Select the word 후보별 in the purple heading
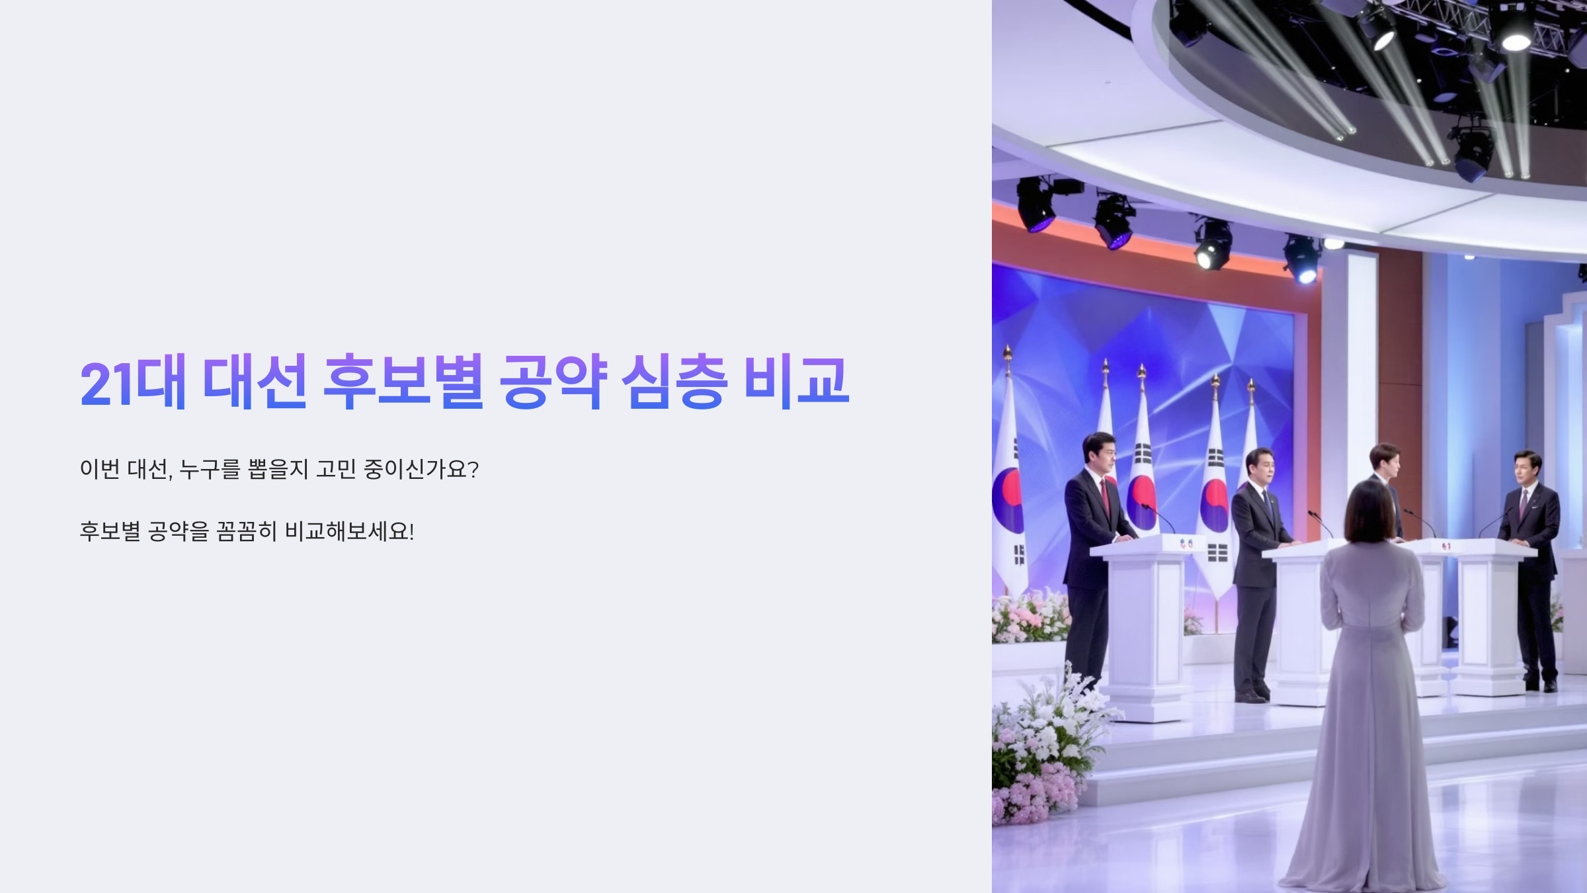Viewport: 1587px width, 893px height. pyautogui.click(x=403, y=382)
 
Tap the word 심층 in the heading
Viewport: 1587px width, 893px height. pyautogui.click(x=674, y=382)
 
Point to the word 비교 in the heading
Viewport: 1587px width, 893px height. pyautogui.click(x=797, y=382)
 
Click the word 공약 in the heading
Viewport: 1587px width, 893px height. pyautogui.click(x=553, y=382)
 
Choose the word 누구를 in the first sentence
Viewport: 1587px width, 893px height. pyautogui.click(x=210, y=469)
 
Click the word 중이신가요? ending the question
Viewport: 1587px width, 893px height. pyautogui.click(x=421, y=469)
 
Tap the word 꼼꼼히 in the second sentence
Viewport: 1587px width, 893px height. pyautogui.click(x=246, y=531)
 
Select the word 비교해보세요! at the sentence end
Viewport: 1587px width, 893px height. pyautogui.click(x=349, y=531)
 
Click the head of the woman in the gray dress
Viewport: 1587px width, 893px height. pyautogui.click(x=1370, y=511)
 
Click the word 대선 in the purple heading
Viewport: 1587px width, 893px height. pyautogui.click(x=255, y=382)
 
